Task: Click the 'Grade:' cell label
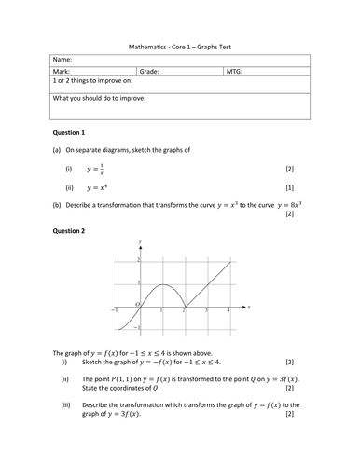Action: [x=150, y=70]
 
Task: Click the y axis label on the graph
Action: [x=139, y=242]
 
